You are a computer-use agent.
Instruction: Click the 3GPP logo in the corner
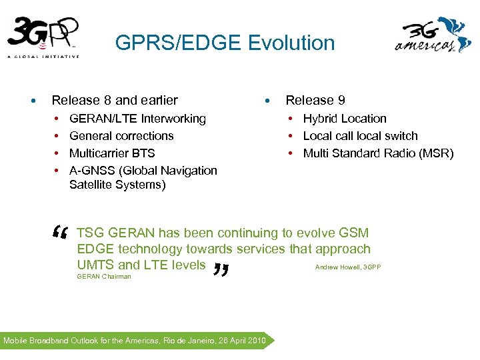coord(43,37)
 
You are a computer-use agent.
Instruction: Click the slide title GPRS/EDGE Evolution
coord(225,43)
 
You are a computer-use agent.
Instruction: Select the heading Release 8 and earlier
coord(115,101)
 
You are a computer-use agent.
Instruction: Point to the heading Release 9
coord(315,101)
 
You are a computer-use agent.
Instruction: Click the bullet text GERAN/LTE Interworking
coord(137,119)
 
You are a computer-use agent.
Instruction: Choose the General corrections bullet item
coord(121,136)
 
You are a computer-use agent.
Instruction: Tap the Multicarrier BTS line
coord(112,153)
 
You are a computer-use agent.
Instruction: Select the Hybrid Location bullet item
coord(345,119)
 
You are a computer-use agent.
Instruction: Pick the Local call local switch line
coord(360,136)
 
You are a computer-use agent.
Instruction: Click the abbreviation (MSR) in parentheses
coord(436,153)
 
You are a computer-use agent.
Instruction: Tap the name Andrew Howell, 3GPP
coord(347,267)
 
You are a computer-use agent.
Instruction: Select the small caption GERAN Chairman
coord(104,276)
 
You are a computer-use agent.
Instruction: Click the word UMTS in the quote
coord(95,265)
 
